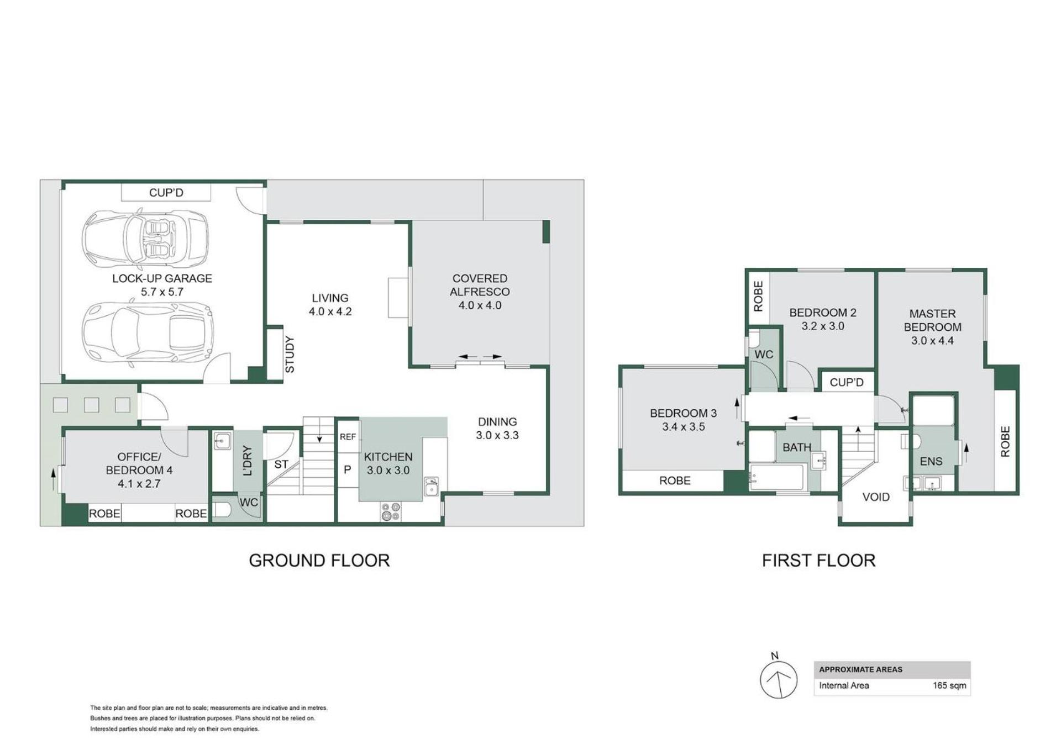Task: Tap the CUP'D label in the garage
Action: click(166, 193)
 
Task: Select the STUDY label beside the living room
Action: click(290, 355)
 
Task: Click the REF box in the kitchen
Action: click(348, 437)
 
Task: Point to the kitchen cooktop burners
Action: click(391, 511)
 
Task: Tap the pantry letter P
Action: click(348, 470)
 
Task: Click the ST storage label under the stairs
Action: click(281, 464)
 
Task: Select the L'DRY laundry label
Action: click(247, 461)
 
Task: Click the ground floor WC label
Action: click(249, 503)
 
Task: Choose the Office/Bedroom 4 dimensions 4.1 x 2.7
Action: click(139, 484)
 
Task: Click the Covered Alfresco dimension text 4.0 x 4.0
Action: click(480, 305)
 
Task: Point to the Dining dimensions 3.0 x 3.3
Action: click(497, 435)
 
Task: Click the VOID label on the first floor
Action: click(876, 497)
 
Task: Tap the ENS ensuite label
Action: click(931, 461)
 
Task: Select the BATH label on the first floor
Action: click(797, 447)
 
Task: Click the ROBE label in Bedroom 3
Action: click(675, 481)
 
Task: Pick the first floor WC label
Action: click(764, 355)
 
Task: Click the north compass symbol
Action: click(779, 679)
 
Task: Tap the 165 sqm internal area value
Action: click(949, 685)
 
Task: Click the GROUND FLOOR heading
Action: click(319, 561)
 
